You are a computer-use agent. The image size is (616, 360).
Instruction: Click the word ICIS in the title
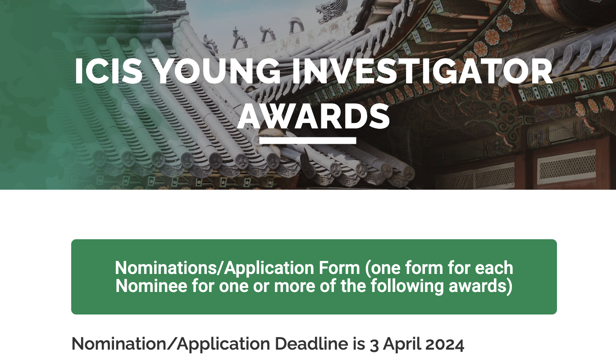pos(109,71)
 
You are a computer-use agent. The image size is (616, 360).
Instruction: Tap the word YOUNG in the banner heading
pos(218,71)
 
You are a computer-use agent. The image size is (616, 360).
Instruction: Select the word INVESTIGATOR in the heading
pos(422,71)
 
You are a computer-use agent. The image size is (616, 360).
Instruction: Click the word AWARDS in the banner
pos(314,116)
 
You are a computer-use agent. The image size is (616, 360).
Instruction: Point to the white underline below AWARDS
pos(308,141)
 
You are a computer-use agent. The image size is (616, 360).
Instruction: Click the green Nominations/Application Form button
pos(314,277)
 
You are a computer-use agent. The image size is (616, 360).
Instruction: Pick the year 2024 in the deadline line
pos(444,344)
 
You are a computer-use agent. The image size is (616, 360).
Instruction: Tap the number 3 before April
pos(374,345)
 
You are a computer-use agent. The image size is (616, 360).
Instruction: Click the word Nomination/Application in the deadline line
pos(171,344)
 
